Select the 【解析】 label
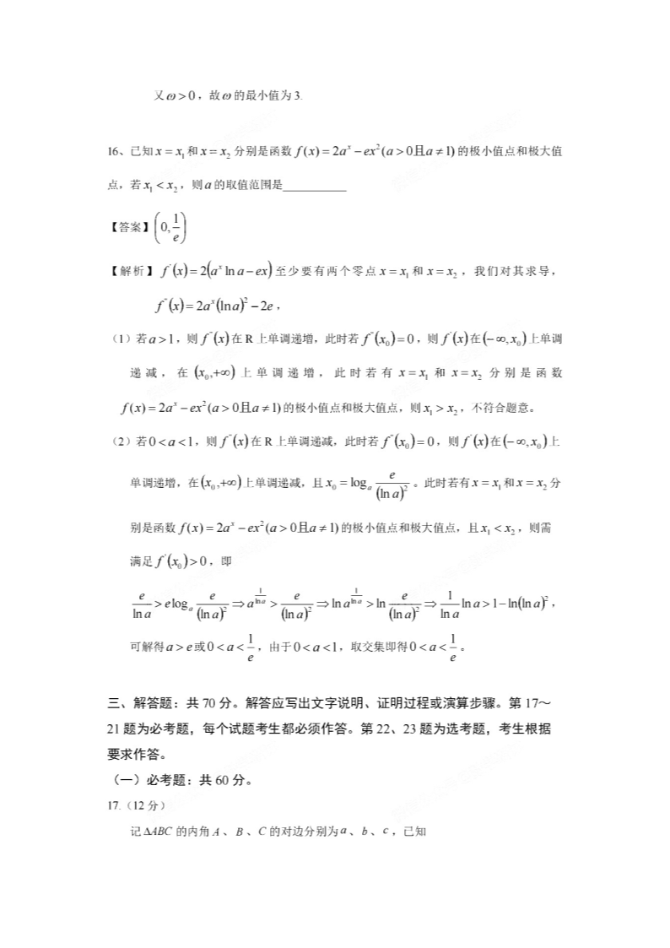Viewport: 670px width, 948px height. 127,272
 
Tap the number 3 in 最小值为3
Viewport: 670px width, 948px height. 299,95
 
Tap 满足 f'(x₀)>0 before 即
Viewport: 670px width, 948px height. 172,560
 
